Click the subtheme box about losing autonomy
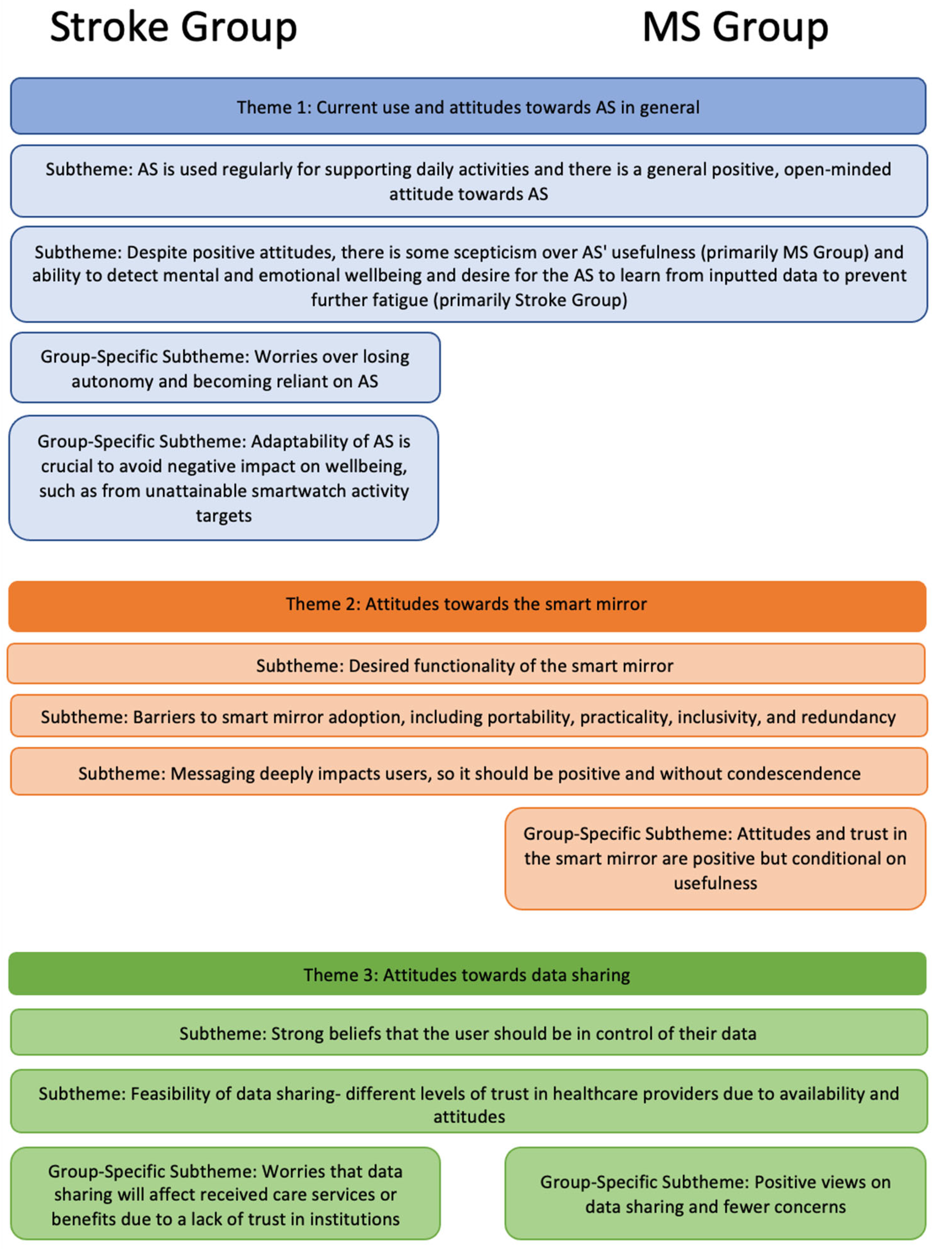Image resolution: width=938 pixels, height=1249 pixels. click(x=225, y=368)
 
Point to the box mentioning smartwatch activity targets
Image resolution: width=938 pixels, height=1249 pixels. click(x=223, y=478)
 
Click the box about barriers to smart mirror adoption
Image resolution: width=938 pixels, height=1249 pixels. click(x=468, y=717)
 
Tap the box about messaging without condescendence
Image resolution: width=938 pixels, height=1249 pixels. click(x=468, y=773)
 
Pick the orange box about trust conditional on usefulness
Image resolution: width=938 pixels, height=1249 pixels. click(x=715, y=858)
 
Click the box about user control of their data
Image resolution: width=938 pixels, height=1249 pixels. click(x=468, y=1033)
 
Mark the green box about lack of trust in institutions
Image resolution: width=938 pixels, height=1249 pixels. click(x=225, y=1195)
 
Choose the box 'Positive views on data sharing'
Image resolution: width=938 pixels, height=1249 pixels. click(x=715, y=1194)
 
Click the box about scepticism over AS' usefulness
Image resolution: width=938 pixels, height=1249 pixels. click(x=468, y=275)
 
